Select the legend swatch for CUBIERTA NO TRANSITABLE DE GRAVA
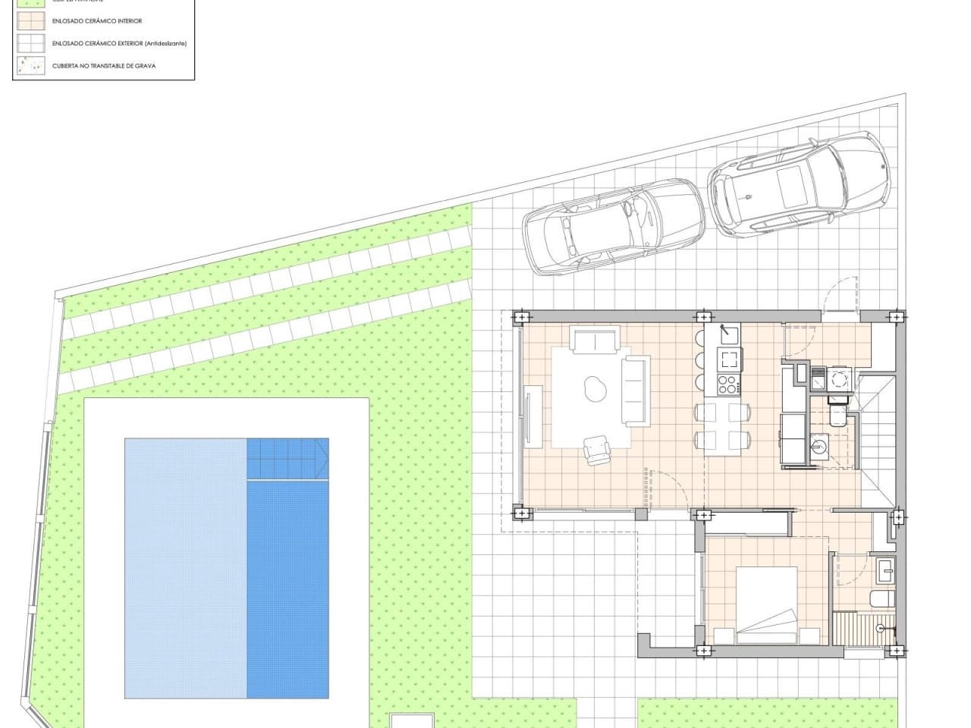coord(30,66)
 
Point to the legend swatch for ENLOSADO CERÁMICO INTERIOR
coord(30,21)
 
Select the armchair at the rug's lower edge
coord(596,450)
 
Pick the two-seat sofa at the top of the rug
coord(596,340)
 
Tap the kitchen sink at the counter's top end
coord(730,334)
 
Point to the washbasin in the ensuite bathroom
coord(885,570)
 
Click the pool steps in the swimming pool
coord(287,458)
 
